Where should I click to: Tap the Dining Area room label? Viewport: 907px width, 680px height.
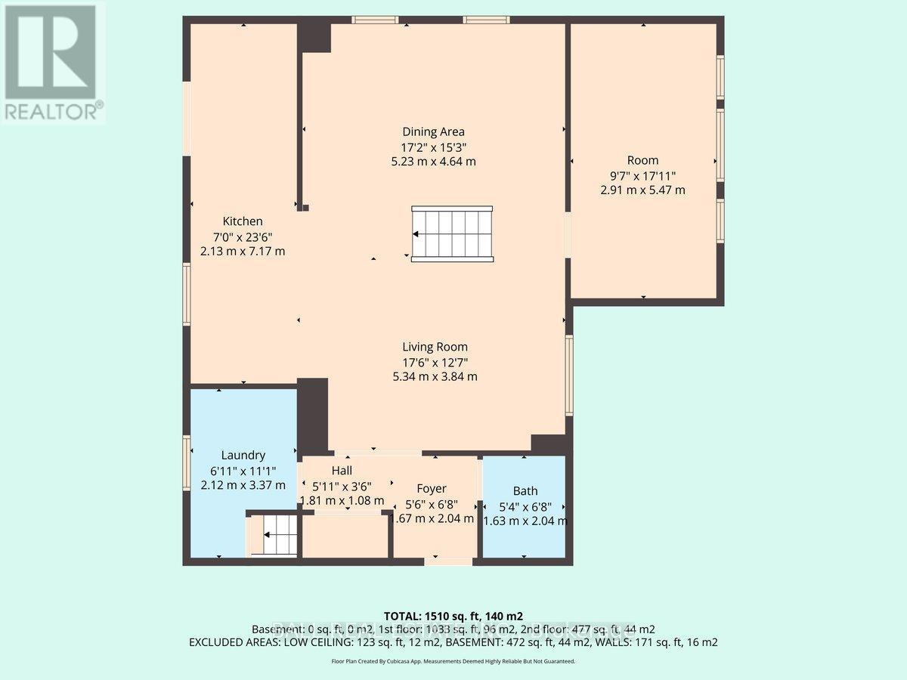[433, 131]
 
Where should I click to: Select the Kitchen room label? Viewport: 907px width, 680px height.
[243, 221]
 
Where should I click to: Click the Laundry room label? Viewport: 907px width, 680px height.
[243, 455]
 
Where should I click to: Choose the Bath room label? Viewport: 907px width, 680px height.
[525, 490]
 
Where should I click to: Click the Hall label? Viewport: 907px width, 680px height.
[342, 471]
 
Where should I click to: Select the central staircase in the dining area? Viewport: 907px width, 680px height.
[452, 233]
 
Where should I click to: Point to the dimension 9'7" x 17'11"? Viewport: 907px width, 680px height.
[642, 175]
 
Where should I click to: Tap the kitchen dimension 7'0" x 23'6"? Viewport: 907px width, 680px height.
[243, 236]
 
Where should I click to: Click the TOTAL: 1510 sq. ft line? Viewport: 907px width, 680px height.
[453, 616]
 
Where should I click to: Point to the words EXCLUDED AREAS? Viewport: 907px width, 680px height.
[235, 642]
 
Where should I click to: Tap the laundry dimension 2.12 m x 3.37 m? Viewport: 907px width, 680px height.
[243, 484]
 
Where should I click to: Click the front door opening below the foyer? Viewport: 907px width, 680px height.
[448, 561]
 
